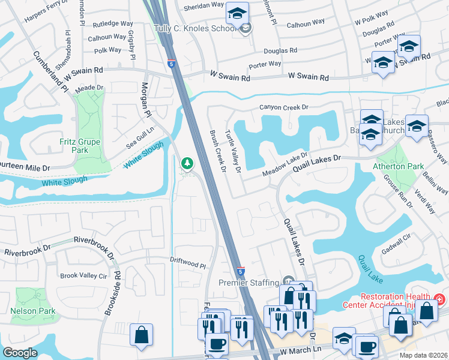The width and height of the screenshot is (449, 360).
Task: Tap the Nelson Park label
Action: tap(33, 311)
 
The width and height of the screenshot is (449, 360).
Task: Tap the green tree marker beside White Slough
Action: tap(187, 163)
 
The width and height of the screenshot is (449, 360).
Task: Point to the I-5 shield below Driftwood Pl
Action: tap(240, 271)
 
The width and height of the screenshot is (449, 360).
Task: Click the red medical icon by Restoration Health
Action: tap(439, 299)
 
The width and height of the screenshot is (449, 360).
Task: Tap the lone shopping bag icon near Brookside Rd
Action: tap(141, 335)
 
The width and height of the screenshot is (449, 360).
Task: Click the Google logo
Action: tap(20, 353)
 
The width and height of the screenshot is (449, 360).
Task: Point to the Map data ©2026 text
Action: tap(423, 355)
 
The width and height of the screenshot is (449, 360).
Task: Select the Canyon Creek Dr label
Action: tap(283, 107)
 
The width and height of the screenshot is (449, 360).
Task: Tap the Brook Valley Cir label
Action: tap(83, 276)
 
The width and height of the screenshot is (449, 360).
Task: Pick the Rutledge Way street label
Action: tap(113, 25)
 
